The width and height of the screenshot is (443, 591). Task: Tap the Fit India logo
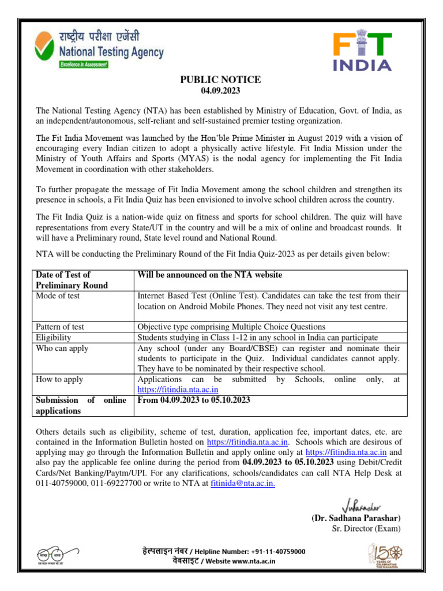click(x=362, y=51)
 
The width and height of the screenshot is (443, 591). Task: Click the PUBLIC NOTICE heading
click(x=221, y=80)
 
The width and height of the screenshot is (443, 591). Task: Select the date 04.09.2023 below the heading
click(x=220, y=91)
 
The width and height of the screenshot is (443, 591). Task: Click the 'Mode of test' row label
click(x=58, y=295)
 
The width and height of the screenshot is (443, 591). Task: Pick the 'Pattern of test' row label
click(x=60, y=327)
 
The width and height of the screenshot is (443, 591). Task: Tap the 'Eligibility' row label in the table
click(x=54, y=338)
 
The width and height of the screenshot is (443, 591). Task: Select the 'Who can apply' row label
click(x=61, y=349)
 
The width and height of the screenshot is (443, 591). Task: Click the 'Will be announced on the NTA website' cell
click(x=209, y=275)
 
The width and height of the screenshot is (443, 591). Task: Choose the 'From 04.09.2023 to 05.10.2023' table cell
click(x=194, y=400)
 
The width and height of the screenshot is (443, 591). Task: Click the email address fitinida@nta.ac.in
click(x=243, y=484)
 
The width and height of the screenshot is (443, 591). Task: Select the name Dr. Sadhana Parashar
click(x=356, y=518)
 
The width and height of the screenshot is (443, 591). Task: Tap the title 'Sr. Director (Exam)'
click(x=366, y=529)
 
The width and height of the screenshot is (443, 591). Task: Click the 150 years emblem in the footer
click(x=386, y=555)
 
